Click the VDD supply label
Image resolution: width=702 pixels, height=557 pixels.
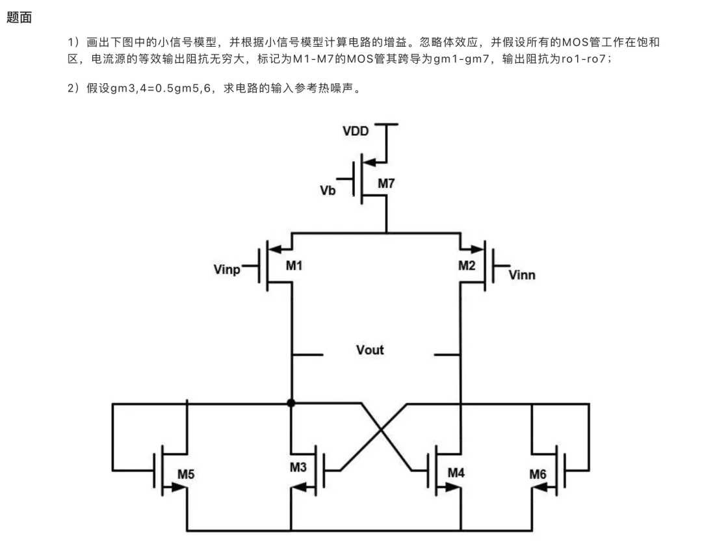coord(356,131)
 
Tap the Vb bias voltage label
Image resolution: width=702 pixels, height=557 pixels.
coord(328,190)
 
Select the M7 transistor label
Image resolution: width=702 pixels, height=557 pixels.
coord(386,183)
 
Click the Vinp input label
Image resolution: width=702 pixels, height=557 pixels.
coord(227,270)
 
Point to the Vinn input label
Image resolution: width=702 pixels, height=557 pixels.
coord(522,275)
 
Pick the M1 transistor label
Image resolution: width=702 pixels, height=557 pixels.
coord(294,266)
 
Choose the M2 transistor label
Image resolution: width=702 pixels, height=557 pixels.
coord(467,266)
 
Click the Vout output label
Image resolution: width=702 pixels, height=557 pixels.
coord(370,350)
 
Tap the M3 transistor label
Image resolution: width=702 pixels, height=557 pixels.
coord(298,467)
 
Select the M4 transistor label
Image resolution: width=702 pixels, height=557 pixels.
coord(456,473)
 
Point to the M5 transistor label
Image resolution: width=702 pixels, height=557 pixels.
coord(186,474)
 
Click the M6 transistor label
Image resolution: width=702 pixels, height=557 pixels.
coord(538,474)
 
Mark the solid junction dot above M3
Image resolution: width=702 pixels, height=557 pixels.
coord(291,403)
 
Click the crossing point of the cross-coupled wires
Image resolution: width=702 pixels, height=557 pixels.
coord(381,430)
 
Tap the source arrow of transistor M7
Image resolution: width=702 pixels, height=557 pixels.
coord(370,162)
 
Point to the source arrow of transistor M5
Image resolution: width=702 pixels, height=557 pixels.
coord(177,487)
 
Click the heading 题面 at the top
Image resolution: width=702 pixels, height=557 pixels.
coord(19,18)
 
